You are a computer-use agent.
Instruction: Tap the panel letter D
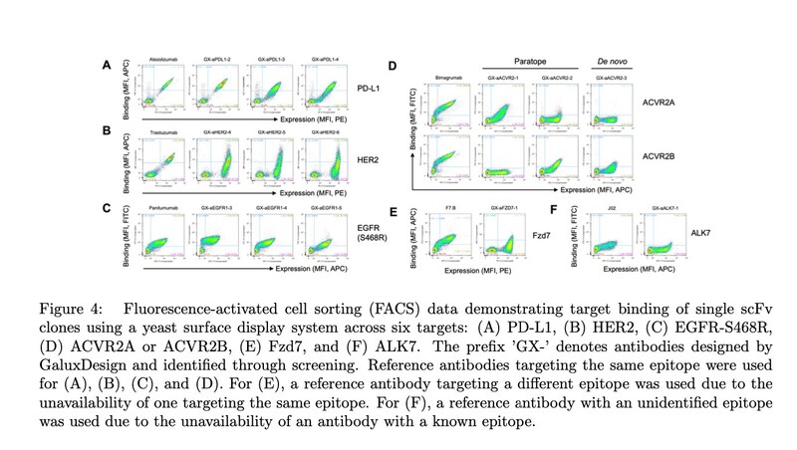click(393, 67)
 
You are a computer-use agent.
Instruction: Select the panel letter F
click(555, 210)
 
